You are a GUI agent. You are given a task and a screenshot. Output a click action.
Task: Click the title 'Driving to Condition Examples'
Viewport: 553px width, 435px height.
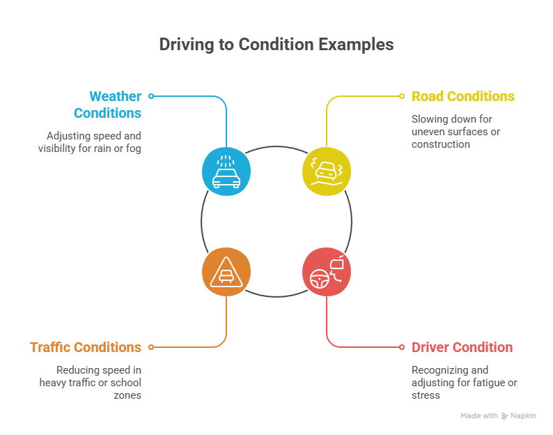pyautogui.click(x=276, y=45)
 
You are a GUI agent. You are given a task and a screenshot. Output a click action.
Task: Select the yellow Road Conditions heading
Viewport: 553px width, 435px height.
pyautogui.click(x=462, y=96)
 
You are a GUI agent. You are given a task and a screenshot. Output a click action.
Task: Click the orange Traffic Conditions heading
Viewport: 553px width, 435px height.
pyautogui.click(x=85, y=347)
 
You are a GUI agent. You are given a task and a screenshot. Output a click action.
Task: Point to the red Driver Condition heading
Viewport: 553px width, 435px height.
pyautogui.click(x=462, y=347)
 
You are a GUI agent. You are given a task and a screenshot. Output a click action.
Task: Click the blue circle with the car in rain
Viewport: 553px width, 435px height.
pyautogui.click(x=226, y=170)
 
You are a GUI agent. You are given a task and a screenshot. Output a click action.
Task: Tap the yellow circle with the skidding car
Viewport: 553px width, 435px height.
pyautogui.click(x=327, y=170)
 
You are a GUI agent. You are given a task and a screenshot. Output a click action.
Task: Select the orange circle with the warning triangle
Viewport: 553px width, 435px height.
pyautogui.click(x=226, y=270)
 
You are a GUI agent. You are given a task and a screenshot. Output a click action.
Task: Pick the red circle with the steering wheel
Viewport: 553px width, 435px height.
pyautogui.click(x=327, y=270)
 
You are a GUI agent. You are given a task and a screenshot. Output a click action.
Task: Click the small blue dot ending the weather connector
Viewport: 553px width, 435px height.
pyautogui.click(x=151, y=96)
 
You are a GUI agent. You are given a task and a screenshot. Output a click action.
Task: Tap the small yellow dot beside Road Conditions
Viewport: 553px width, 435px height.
pyautogui.click(x=402, y=96)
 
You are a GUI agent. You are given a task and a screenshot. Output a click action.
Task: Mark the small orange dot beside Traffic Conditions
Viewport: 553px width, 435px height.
pyautogui.click(x=151, y=346)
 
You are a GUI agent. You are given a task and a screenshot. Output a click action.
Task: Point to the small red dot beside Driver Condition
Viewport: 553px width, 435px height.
pyautogui.click(x=402, y=346)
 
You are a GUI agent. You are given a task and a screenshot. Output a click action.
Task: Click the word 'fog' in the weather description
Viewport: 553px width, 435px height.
pyautogui.click(x=134, y=148)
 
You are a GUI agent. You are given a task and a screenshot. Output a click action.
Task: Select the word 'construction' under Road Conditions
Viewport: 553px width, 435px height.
pyautogui.click(x=440, y=144)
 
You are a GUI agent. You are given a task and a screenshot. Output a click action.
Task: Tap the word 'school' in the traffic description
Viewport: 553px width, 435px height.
pyautogui.click(x=127, y=383)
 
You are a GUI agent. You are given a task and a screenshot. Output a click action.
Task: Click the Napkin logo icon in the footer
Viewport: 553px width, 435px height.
pyautogui.click(x=505, y=415)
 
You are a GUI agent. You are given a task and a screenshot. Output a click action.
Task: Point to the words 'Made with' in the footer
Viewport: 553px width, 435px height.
pyautogui.click(x=478, y=415)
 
